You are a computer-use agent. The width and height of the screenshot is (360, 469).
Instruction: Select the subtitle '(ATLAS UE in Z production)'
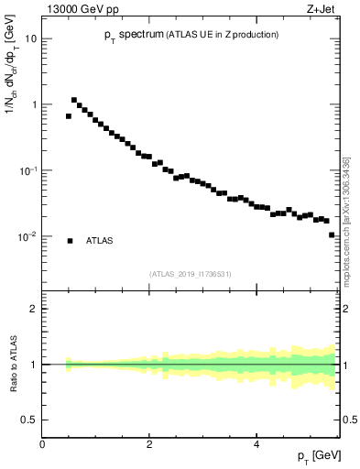pos(222,35)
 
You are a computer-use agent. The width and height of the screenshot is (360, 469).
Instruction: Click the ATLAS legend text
pos(99,241)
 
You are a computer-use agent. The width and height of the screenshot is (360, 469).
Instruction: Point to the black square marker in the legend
pos(70,241)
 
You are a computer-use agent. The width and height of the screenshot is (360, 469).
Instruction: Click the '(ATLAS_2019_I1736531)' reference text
pos(191,273)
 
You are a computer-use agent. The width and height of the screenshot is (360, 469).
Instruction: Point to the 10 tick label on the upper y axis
pos(31,38)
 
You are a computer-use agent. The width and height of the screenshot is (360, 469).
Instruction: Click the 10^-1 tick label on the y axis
pos(27,170)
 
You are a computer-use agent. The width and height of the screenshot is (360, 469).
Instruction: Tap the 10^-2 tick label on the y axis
pos(27,236)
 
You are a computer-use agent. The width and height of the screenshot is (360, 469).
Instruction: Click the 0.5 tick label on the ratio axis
pos(29,420)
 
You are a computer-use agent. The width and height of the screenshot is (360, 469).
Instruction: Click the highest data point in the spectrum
pos(74,100)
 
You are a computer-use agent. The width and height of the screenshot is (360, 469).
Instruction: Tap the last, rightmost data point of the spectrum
pos(332,234)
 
